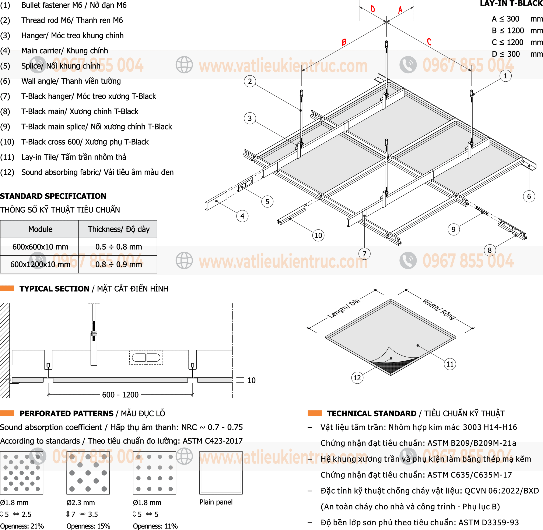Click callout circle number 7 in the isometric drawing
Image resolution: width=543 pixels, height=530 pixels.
tap(364, 254)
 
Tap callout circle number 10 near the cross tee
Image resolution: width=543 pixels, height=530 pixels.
tap(318, 235)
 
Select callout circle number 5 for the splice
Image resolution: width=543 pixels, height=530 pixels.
tap(267, 201)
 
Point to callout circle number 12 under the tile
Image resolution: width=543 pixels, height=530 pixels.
tap(357, 378)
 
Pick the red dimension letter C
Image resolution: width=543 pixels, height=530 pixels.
tap(429, 42)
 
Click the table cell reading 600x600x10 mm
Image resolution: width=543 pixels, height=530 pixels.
tap(40, 247)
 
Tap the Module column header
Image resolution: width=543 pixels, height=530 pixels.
tap(40, 229)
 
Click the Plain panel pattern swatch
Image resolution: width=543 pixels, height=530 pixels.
tap(221, 473)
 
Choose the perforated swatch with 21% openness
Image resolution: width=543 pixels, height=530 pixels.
tap(22, 473)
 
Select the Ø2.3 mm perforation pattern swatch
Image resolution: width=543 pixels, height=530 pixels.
tap(88, 473)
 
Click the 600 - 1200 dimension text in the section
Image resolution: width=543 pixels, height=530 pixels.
tap(120, 395)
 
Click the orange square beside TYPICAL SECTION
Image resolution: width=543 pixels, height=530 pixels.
tap(7, 288)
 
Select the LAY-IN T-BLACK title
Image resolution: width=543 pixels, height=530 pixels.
tap(511, 4)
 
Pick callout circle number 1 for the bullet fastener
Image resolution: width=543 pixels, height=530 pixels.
tap(505, 76)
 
